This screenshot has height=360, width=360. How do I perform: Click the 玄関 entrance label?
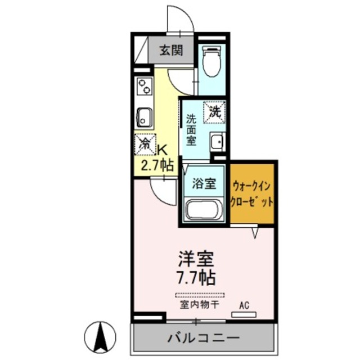(x=170, y=50)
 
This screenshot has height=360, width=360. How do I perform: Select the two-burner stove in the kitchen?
(x=145, y=87)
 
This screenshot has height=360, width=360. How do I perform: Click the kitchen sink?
(x=144, y=117)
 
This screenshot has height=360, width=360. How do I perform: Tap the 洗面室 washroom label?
(x=191, y=129)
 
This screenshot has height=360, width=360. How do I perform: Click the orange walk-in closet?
(x=252, y=192)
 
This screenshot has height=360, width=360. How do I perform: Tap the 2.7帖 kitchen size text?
(x=156, y=166)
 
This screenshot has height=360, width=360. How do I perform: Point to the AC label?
(x=244, y=305)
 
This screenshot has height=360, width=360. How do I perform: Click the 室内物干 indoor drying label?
(x=200, y=305)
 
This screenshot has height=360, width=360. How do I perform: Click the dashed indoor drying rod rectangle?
(x=200, y=295)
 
